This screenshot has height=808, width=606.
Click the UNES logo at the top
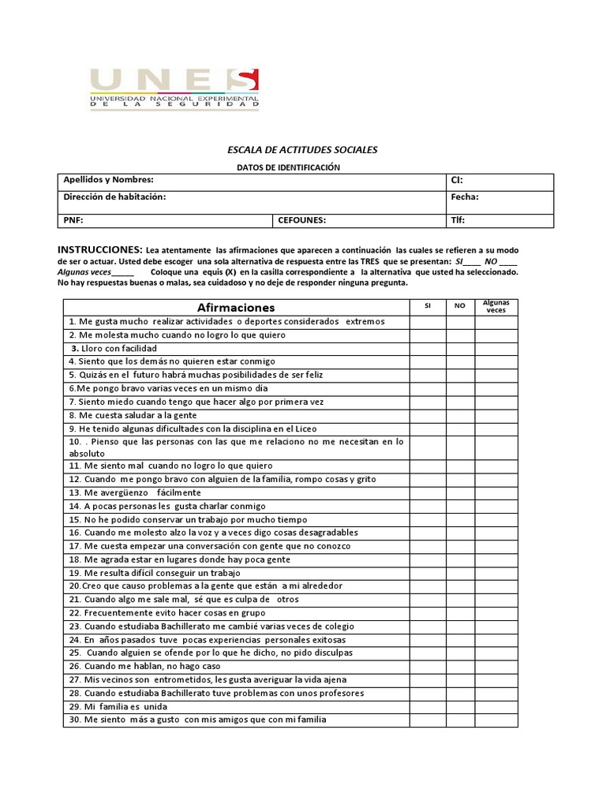click(x=174, y=88)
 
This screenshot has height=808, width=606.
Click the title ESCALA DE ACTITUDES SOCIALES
click(x=302, y=149)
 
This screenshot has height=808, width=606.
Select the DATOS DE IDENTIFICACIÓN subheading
click(x=288, y=167)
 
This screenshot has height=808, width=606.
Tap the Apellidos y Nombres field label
click(x=108, y=181)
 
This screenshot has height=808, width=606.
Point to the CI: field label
click(x=456, y=181)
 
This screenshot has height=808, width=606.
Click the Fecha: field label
click(x=465, y=198)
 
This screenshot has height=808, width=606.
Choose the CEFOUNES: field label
click(x=301, y=221)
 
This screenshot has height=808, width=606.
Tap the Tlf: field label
click(x=458, y=221)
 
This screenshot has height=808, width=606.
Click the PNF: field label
click(x=73, y=221)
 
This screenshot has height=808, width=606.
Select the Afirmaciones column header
click(x=235, y=307)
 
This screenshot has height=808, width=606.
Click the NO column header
click(x=460, y=305)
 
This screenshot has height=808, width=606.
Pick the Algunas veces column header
click(x=496, y=306)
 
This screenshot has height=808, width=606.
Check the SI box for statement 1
click(x=427, y=321)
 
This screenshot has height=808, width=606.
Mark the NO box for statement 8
click(x=460, y=415)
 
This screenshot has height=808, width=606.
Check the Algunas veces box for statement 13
click(x=496, y=492)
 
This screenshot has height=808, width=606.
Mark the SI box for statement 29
click(x=427, y=706)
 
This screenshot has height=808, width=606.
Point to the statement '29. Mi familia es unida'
click(x=118, y=706)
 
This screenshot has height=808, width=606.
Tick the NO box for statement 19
click(x=460, y=573)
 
